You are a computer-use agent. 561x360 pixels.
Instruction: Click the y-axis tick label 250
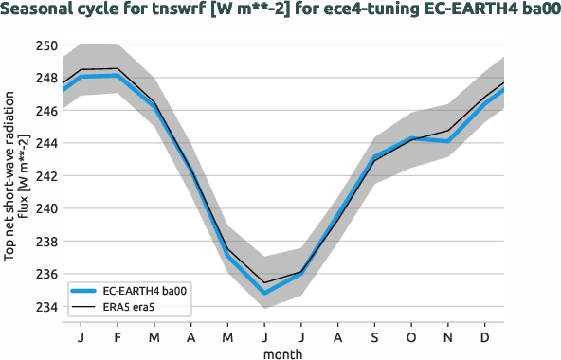point(45,45)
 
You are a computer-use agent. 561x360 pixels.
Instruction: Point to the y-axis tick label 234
point(45,307)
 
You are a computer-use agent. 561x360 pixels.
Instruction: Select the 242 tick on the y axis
point(45,176)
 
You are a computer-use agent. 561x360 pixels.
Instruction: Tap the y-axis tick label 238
point(45,242)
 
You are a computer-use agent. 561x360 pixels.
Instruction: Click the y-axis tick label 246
point(45,111)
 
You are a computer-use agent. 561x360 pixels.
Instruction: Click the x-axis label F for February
point(118,337)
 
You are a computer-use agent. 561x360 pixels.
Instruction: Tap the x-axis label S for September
point(375,337)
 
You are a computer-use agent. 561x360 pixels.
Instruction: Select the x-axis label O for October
point(412,337)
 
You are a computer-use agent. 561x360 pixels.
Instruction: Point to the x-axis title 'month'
point(283,353)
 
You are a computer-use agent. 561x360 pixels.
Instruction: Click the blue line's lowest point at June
point(264,293)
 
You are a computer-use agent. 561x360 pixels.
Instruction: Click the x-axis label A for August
point(338,337)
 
